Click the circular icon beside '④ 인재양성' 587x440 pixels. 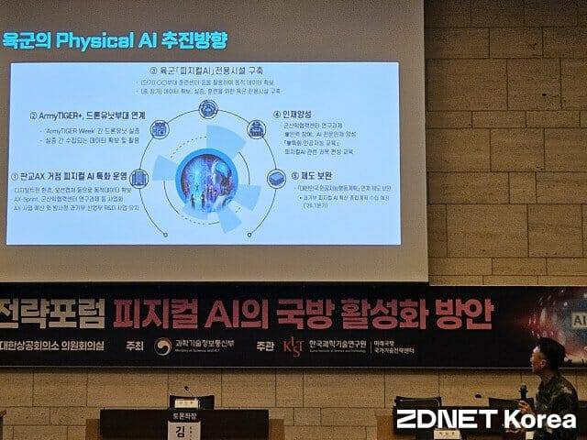257,129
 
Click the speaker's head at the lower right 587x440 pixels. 551,355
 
